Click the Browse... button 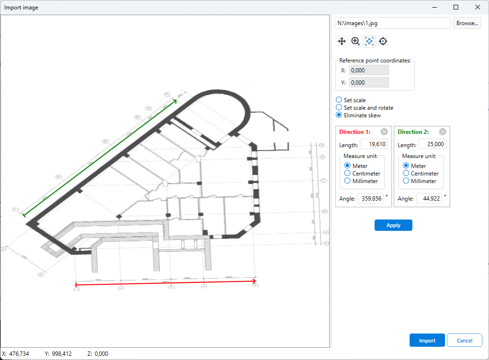[x=467, y=23]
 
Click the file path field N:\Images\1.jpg [x=393, y=23]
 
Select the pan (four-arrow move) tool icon [x=341, y=42]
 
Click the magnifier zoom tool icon [x=356, y=42]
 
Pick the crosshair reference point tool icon [x=383, y=42]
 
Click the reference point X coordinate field [x=369, y=70]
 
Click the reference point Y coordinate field [x=369, y=82]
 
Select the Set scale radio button [x=339, y=100]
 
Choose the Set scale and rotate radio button [x=339, y=107]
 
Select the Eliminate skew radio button [x=339, y=115]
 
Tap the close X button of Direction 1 [x=384, y=132]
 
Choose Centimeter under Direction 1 [x=348, y=174]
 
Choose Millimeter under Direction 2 [x=406, y=181]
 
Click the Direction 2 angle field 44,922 [x=429, y=199]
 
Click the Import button [x=427, y=341]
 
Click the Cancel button [x=464, y=341]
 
